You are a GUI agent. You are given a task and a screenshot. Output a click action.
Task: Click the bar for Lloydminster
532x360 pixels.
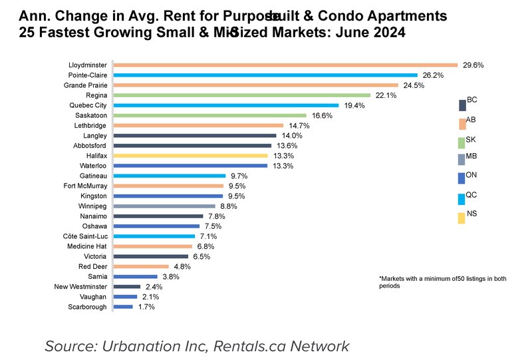click(286, 65)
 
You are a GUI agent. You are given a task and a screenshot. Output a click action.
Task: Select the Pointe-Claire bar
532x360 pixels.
click(266, 75)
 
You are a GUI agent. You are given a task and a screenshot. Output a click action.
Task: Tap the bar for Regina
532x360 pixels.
click(242, 95)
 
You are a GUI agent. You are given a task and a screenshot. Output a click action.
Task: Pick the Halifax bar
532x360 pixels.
click(191, 156)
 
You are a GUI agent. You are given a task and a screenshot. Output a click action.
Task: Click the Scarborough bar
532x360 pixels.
click(124, 307)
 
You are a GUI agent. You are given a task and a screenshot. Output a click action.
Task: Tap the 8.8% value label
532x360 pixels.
click(229, 206)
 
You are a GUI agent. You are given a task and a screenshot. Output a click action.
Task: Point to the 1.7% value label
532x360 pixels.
click(146, 307)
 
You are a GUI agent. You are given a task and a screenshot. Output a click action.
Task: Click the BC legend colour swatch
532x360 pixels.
click(462, 105)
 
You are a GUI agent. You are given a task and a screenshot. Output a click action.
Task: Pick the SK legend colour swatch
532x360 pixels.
click(462, 142)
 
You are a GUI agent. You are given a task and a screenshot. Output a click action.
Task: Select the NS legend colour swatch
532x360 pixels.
click(462, 218)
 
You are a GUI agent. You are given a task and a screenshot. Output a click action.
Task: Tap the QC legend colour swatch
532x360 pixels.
click(462, 199)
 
